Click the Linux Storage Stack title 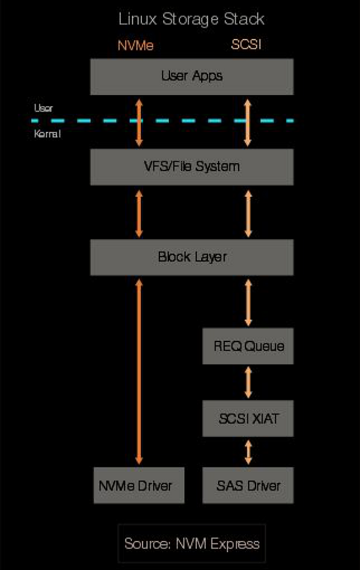(191, 19)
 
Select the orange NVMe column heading (135, 45)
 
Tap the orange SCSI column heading (246, 45)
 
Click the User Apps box (191, 76)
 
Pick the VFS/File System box (191, 166)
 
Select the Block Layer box (191, 256)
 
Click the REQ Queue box (248, 346)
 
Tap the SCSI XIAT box (248, 418)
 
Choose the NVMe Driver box (139, 485)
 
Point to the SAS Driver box (248, 485)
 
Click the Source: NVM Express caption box (191, 544)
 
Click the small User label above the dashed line (43, 108)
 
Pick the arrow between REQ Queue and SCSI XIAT (248, 382)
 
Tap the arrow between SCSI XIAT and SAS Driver (248, 452)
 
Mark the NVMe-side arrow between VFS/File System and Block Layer (139, 212)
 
